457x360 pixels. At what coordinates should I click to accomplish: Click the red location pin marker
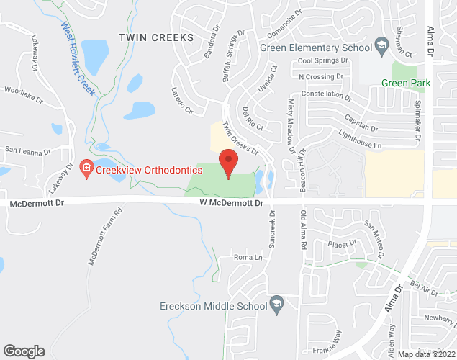coord(228,163)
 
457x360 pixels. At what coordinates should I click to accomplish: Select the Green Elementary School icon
coord(379,48)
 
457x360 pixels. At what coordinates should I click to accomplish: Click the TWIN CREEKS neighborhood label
coord(156,37)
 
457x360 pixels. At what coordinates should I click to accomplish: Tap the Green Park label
coord(407,84)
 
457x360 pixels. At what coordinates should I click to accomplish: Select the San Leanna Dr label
coord(27,152)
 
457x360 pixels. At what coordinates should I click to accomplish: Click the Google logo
coord(24,351)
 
